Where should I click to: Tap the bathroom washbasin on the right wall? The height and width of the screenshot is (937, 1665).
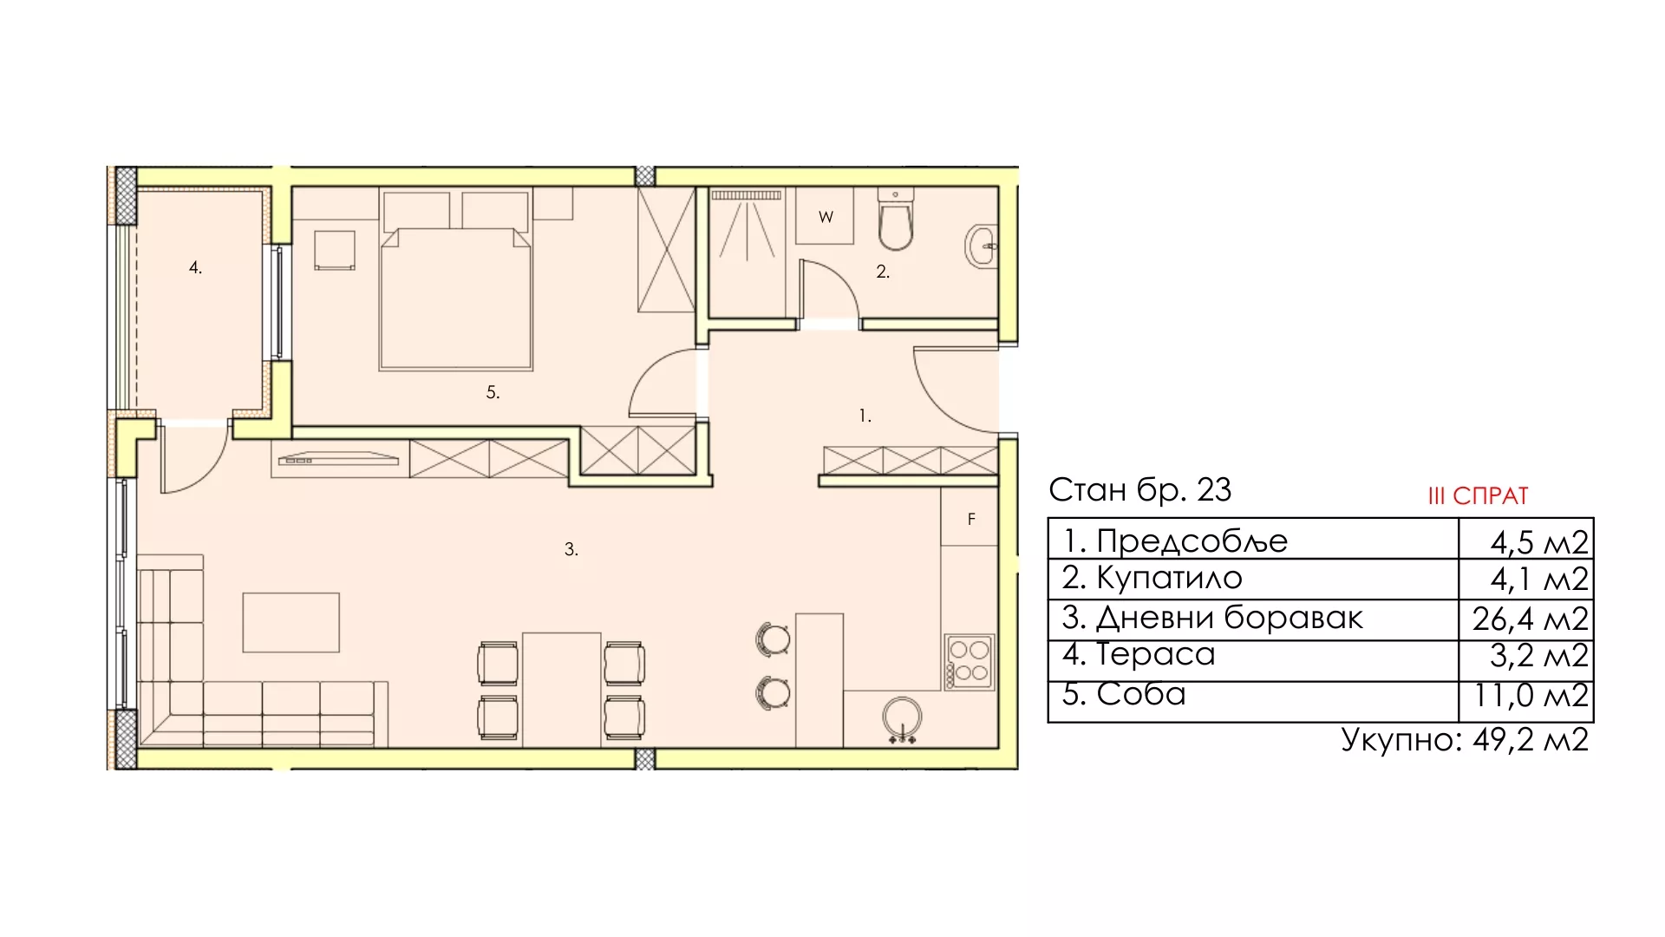click(x=981, y=246)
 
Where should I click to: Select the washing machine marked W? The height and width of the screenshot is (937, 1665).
click(x=826, y=217)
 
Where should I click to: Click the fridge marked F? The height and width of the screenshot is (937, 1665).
click(x=970, y=519)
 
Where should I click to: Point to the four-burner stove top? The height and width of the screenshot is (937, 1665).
click(x=970, y=663)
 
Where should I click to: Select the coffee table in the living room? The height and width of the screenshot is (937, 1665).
click(x=291, y=622)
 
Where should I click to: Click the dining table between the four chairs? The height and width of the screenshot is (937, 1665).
click(x=561, y=689)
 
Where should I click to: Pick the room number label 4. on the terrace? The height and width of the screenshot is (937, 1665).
click(x=195, y=268)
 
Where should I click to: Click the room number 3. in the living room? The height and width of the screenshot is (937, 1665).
click(x=571, y=549)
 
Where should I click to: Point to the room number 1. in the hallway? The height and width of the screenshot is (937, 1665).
click(x=865, y=416)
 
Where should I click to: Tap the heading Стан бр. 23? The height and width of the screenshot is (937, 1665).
click(x=1139, y=490)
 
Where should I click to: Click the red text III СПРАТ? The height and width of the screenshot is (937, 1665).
click(x=1478, y=496)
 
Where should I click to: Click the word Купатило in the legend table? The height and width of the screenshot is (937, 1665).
click(x=1170, y=578)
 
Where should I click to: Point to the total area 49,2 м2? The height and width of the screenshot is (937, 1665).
click(x=1530, y=740)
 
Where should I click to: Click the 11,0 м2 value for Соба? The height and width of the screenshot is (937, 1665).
click(x=1531, y=695)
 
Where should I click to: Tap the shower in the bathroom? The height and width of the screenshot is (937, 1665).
click(x=747, y=252)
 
